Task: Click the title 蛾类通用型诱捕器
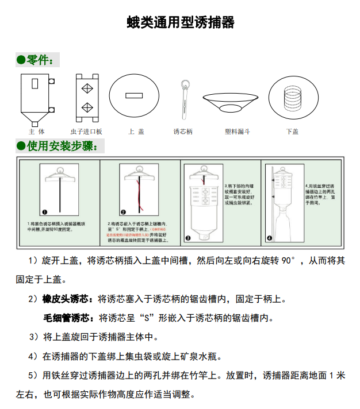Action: point(180,22)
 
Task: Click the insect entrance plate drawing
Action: point(87,98)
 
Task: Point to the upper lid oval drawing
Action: point(136,95)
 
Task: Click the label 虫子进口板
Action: point(87,132)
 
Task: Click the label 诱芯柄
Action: point(183,132)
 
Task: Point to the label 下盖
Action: point(292,132)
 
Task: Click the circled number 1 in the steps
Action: point(44,211)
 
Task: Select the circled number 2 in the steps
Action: point(122,211)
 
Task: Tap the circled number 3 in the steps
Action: point(187,237)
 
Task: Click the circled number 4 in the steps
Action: point(269,237)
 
